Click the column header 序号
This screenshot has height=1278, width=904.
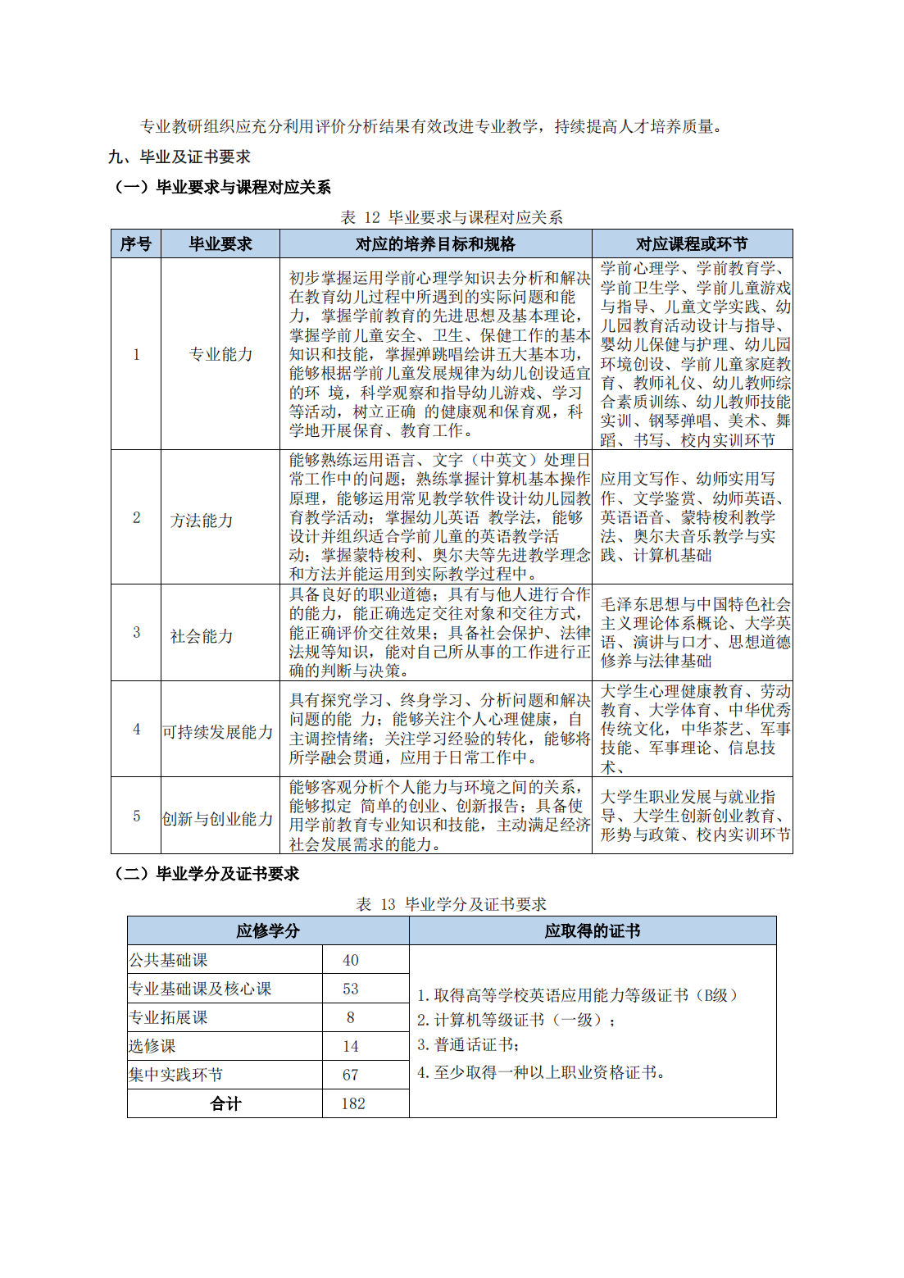tap(136, 243)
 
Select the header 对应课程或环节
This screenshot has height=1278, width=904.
tap(692, 243)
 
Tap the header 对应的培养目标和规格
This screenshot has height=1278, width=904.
tap(435, 243)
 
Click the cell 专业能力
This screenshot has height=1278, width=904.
tap(220, 354)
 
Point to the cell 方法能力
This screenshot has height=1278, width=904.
tap(202, 521)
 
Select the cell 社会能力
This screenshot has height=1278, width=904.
tap(202, 636)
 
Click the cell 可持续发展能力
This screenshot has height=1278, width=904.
tap(218, 732)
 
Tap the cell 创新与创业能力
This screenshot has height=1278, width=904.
tap(218, 819)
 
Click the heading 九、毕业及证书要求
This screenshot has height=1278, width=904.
tap(179, 157)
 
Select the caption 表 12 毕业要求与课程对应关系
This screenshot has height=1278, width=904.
tap(452, 217)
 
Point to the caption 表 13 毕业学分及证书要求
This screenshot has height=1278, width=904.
tap(452, 904)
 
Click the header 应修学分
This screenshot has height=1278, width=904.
tap(268, 930)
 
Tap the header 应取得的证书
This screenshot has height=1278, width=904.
tap(593, 930)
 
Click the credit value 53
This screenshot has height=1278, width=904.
tap(351, 989)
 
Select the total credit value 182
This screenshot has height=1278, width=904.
tap(353, 1103)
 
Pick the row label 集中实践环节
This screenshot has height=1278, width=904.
tap(176, 1075)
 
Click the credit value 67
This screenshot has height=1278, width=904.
tap(351, 1075)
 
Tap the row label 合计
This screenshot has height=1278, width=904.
tap(225, 1103)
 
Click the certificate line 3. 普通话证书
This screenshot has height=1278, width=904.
tap(468, 1044)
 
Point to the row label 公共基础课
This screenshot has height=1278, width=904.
tap(169, 960)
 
